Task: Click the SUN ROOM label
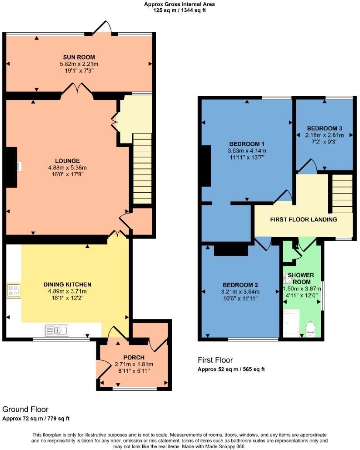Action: pos(79,57)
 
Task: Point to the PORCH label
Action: pos(134,358)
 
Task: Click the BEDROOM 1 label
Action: pos(247,144)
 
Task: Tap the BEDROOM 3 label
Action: pos(324,128)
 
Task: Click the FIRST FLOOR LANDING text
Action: pos(304,219)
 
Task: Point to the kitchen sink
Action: pos(56,330)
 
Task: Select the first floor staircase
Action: pos(342,194)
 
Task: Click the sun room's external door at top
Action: pos(102,28)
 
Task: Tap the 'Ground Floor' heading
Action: pos(25,409)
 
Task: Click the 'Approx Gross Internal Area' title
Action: pos(179,4)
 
